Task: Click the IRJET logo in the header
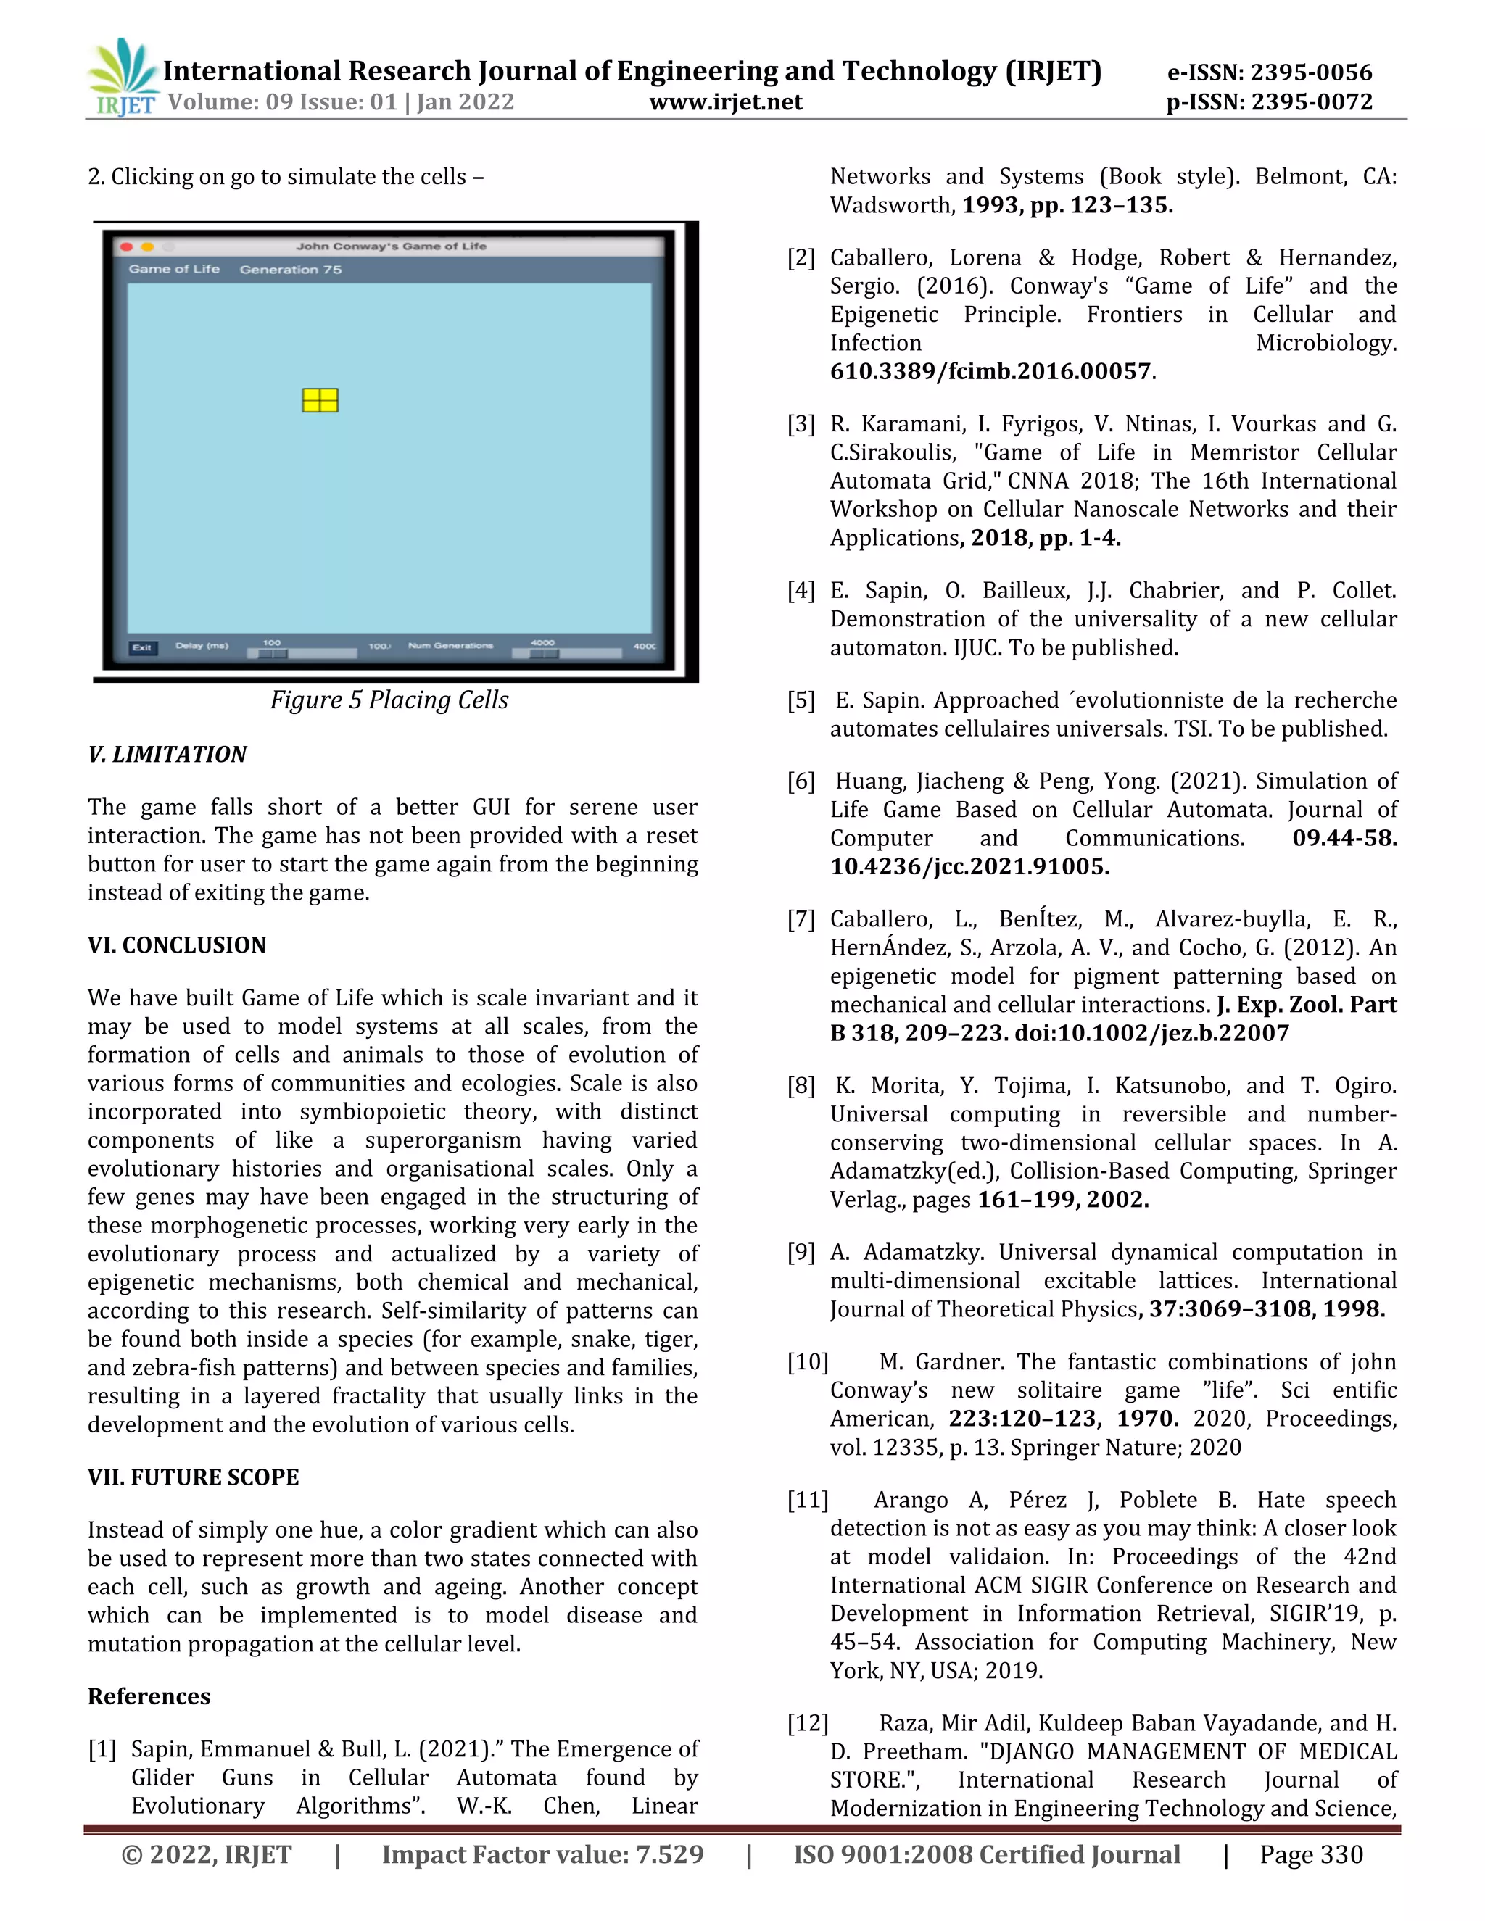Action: click(x=123, y=78)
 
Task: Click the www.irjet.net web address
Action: click(x=725, y=102)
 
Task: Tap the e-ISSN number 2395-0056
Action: click(x=1311, y=72)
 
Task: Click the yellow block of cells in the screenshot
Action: click(x=320, y=400)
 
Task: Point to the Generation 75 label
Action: click(x=290, y=269)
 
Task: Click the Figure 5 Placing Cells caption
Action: click(x=389, y=700)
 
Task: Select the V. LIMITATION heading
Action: click(x=167, y=755)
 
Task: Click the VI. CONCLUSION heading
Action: click(x=177, y=945)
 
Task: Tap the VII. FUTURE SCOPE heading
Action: click(x=194, y=1477)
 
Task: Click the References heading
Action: click(x=149, y=1697)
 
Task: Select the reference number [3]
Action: click(x=801, y=424)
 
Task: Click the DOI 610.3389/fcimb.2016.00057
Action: click(x=990, y=371)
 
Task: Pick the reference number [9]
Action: click(x=801, y=1253)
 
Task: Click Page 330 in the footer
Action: click(x=1311, y=1855)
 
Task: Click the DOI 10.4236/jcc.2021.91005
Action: click(x=969, y=866)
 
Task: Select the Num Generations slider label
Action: click(x=450, y=646)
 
